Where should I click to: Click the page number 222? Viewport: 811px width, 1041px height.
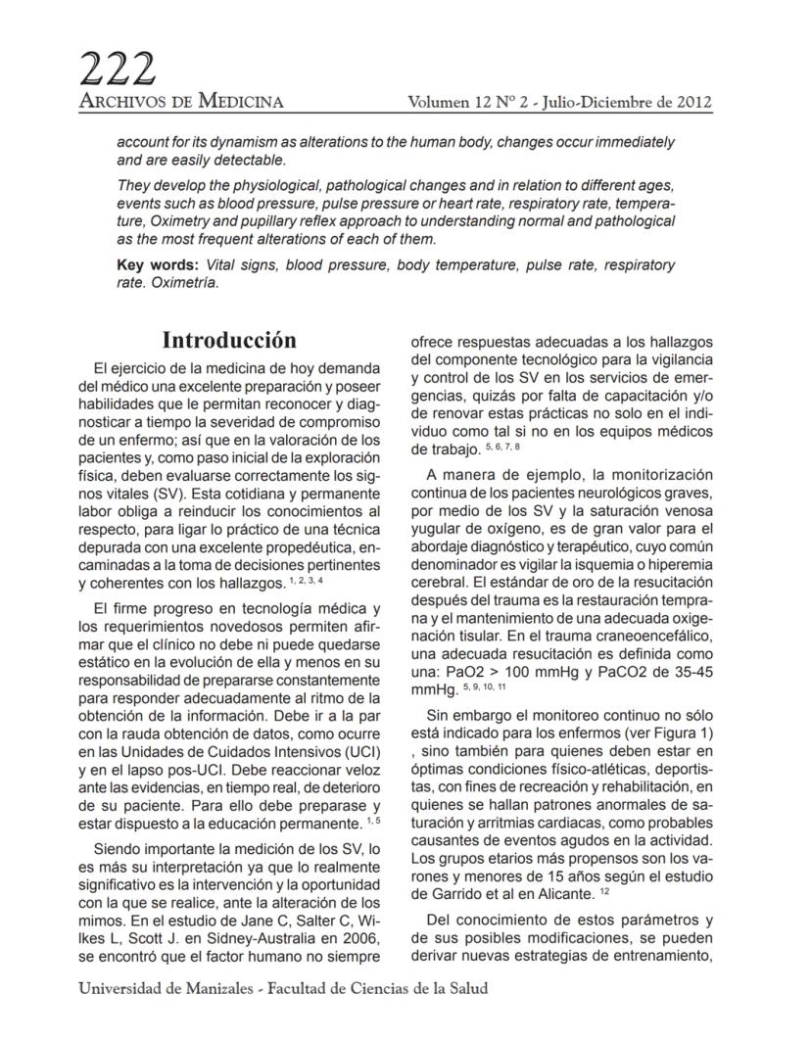[x=117, y=69]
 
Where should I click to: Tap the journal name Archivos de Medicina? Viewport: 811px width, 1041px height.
[x=181, y=101]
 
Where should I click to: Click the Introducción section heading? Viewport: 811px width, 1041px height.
[x=228, y=341]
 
